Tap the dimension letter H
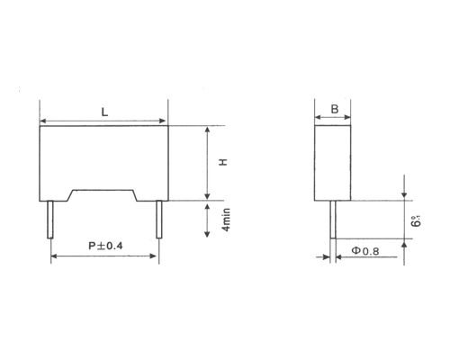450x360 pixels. click(x=222, y=163)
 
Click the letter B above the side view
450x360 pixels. click(x=334, y=109)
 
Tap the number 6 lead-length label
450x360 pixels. click(x=416, y=220)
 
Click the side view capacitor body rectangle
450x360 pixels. click(x=334, y=163)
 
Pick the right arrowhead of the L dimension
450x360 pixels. click(x=164, y=121)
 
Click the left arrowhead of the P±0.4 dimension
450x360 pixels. click(x=54, y=256)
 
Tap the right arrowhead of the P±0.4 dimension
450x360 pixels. click(x=156, y=256)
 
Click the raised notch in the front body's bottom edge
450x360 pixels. click(x=104, y=191)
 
